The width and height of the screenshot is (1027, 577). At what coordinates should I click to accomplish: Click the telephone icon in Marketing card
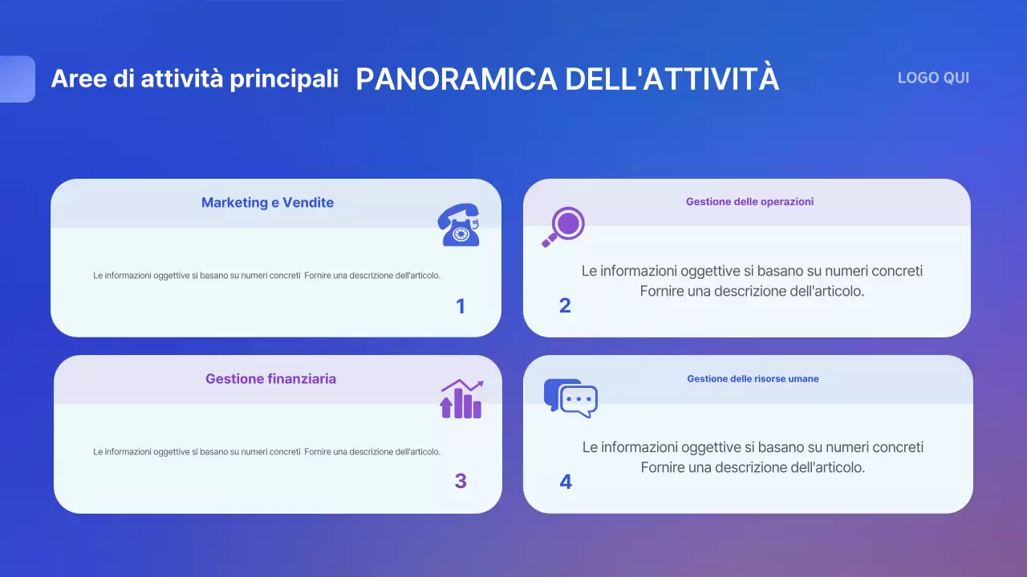[459, 225]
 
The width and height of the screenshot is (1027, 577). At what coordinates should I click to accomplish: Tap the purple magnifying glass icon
[563, 226]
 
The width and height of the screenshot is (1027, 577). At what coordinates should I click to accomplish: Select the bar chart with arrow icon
[461, 399]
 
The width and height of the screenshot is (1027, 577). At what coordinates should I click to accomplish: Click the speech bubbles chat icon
[570, 397]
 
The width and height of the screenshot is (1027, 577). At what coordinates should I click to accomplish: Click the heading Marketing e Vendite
[267, 203]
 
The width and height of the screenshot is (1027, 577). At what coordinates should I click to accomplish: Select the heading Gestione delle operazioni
[749, 202]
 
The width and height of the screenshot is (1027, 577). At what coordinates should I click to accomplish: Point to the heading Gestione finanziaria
[270, 379]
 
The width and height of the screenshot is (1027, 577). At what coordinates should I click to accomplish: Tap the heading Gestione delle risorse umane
[753, 379]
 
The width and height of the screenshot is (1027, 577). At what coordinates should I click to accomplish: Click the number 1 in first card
[461, 306]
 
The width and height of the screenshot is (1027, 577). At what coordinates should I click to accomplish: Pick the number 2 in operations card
[565, 306]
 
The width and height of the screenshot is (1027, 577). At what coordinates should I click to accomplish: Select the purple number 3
[461, 482]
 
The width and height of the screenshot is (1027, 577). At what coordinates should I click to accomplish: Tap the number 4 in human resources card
[566, 482]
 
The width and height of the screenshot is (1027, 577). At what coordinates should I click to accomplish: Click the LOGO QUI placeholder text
[933, 78]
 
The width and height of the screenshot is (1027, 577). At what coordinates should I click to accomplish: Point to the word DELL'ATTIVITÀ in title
[672, 79]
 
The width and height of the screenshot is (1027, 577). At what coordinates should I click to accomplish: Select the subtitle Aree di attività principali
[194, 79]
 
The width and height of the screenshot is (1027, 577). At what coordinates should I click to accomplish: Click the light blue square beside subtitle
[16, 79]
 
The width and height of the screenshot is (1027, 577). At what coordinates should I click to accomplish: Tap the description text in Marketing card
[266, 276]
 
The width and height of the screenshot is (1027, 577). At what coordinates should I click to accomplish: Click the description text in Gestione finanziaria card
[266, 452]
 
